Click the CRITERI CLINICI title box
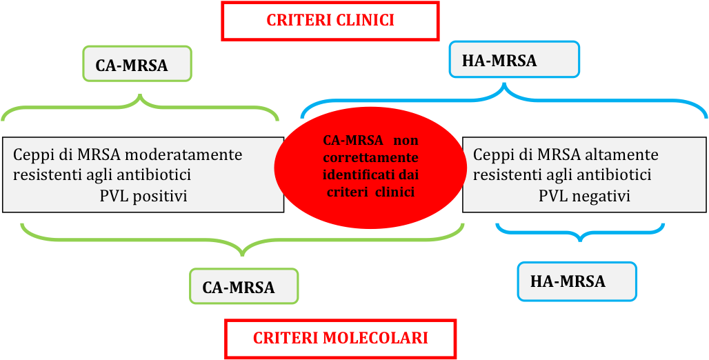[x=330, y=21]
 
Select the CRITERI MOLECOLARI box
[x=340, y=339]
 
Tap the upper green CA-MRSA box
[x=137, y=64]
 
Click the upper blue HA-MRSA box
[x=514, y=59]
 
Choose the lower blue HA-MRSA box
[x=577, y=281]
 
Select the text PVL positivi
[x=143, y=196]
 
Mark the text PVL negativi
[x=584, y=196]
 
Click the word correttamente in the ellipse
[x=371, y=157]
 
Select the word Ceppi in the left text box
[x=32, y=154]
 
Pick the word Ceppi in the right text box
[x=492, y=154]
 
